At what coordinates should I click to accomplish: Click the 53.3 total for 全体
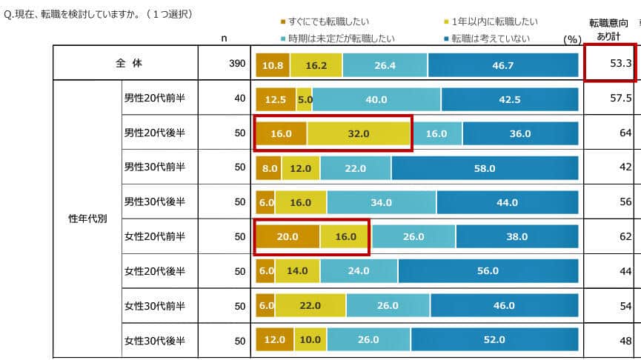coord(620,64)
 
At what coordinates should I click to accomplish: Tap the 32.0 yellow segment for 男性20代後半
coord(359,133)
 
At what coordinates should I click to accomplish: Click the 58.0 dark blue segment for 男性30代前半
coord(485,168)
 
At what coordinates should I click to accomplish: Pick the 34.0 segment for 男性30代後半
coord(381,202)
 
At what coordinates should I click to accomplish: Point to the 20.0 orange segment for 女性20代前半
coord(287,237)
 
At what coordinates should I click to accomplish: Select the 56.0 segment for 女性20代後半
coord(488,271)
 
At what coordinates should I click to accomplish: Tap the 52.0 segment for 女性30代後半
coord(494,339)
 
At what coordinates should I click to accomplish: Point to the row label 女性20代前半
coord(154,236)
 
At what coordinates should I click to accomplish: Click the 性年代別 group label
coord(87,219)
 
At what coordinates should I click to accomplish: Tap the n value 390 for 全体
coord(237,64)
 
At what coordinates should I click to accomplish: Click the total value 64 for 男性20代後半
coord(625,133)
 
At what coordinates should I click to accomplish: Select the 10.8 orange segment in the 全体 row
coord(272,65)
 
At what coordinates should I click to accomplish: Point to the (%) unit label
coord(571,39)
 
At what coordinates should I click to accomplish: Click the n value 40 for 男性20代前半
coord(239,99)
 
